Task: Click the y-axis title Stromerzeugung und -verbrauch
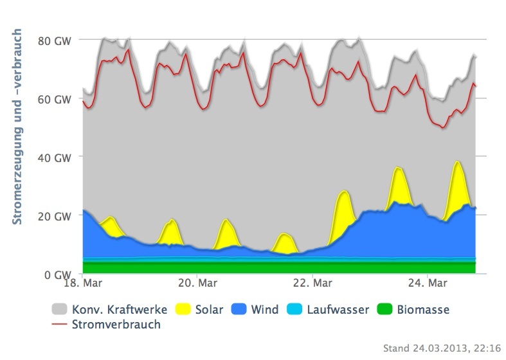pyautogui.click(x=17, y=126)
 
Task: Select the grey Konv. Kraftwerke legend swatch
pyautogui.click(x=59, y=310)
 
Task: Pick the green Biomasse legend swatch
pyautogui.click(x=386, y=310)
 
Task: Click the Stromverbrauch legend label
pyautogui.click(x=117, y=324)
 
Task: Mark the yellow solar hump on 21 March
pyautogui.click(x=284, y=243)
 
